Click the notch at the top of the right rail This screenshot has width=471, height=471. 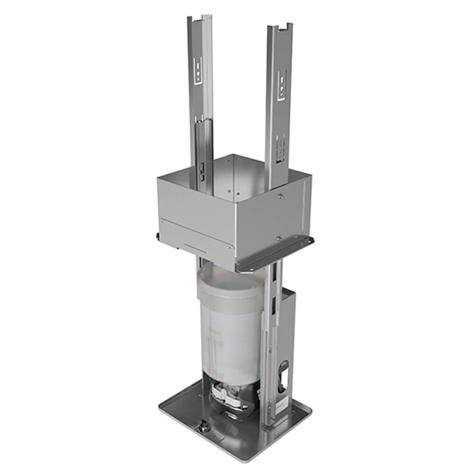[x=282, y=26]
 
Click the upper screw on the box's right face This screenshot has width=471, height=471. [x=281, y=195]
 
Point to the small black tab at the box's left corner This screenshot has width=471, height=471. [x=158, y=235]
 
